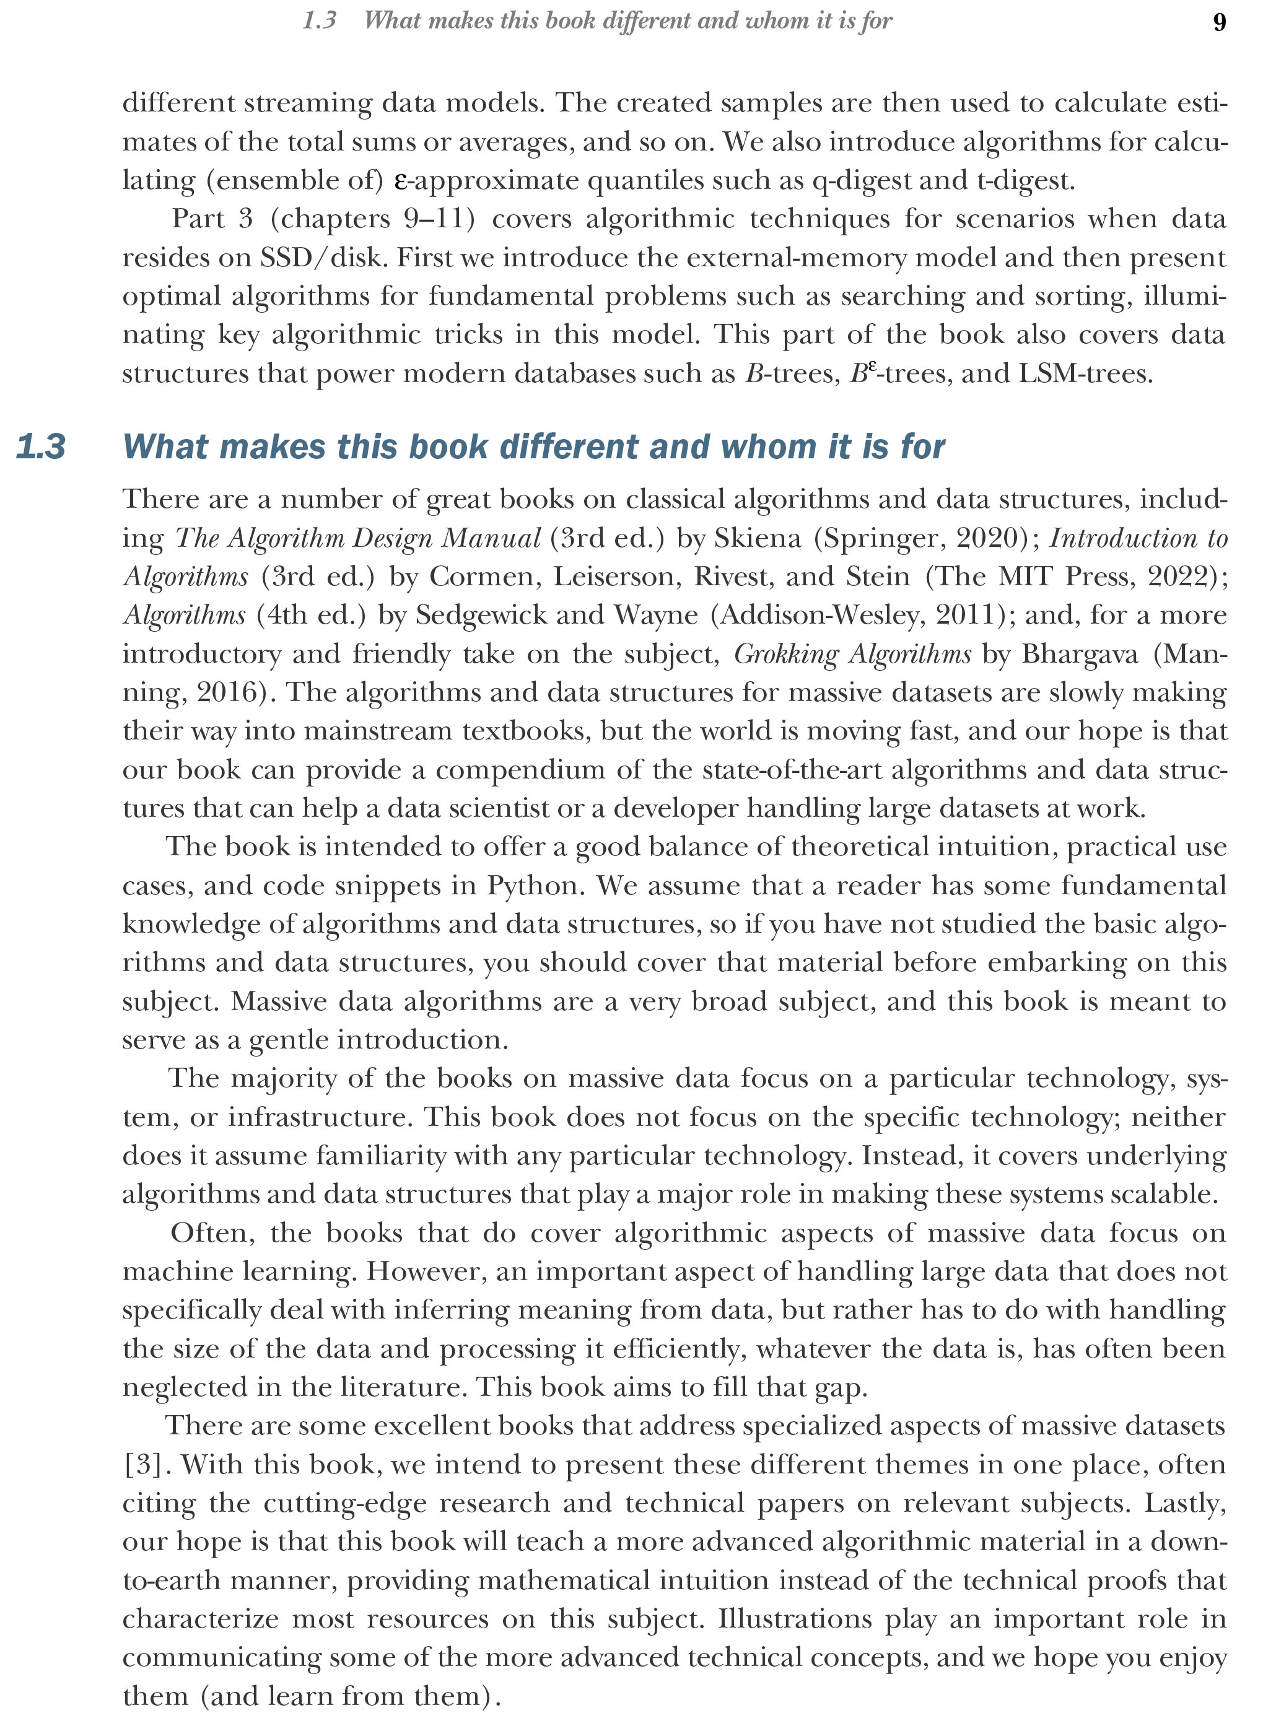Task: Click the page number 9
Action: pos(1218,22)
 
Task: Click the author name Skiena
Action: pos(757,538)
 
